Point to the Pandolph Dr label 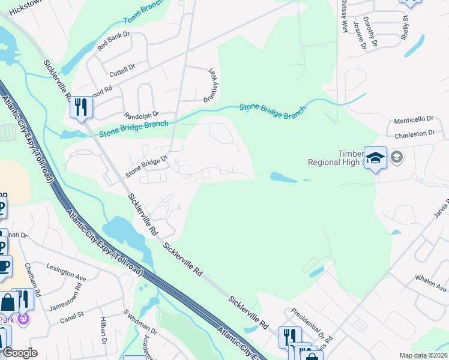140,113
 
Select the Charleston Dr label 414,134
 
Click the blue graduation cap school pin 375,158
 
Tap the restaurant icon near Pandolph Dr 80,108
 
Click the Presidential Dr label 307,322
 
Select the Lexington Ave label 66,271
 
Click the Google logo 19,353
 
